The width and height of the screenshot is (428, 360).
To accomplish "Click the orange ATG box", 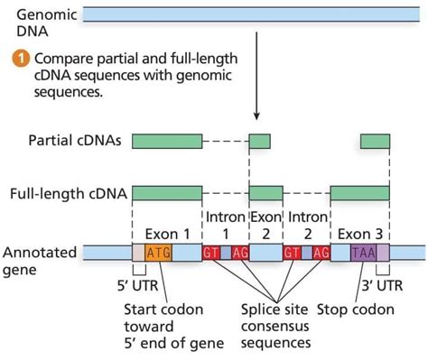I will (158, 254).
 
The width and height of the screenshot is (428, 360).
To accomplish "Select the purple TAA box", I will (363, 254).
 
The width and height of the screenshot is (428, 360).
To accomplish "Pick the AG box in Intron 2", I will (320, 254).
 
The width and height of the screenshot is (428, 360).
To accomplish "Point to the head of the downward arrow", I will (257, 118).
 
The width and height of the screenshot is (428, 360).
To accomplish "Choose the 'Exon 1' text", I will (162, 233).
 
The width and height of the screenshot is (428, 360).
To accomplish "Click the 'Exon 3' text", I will (360, 233).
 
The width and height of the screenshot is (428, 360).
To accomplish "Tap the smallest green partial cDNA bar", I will (259, 142).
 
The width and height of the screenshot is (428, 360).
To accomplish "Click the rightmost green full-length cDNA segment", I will (359, 194).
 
